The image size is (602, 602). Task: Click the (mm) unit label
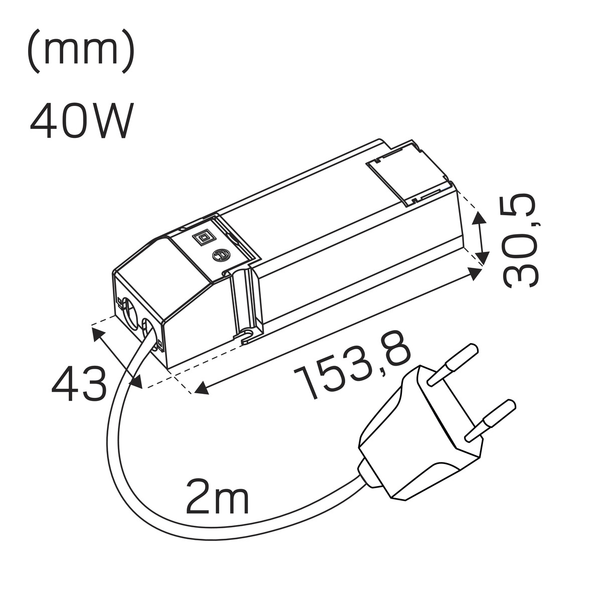click(x=81, y=51)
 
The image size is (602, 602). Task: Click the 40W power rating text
click(x=82, y=120)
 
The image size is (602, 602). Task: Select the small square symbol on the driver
click(x=202, y=238)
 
